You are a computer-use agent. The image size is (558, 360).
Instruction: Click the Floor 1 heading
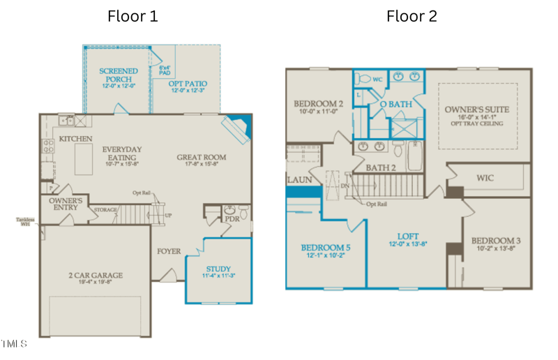[x=133, y=16]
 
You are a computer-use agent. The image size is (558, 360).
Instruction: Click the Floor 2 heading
[x=412, y=16]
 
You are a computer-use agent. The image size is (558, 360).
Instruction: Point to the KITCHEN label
[x=76, y=140]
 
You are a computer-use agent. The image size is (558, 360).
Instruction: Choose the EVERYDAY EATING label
[x=121, y=154]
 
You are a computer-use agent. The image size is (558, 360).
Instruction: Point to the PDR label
[x=232, y=218]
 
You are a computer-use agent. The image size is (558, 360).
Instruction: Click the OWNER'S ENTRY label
[x=66, y=203]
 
